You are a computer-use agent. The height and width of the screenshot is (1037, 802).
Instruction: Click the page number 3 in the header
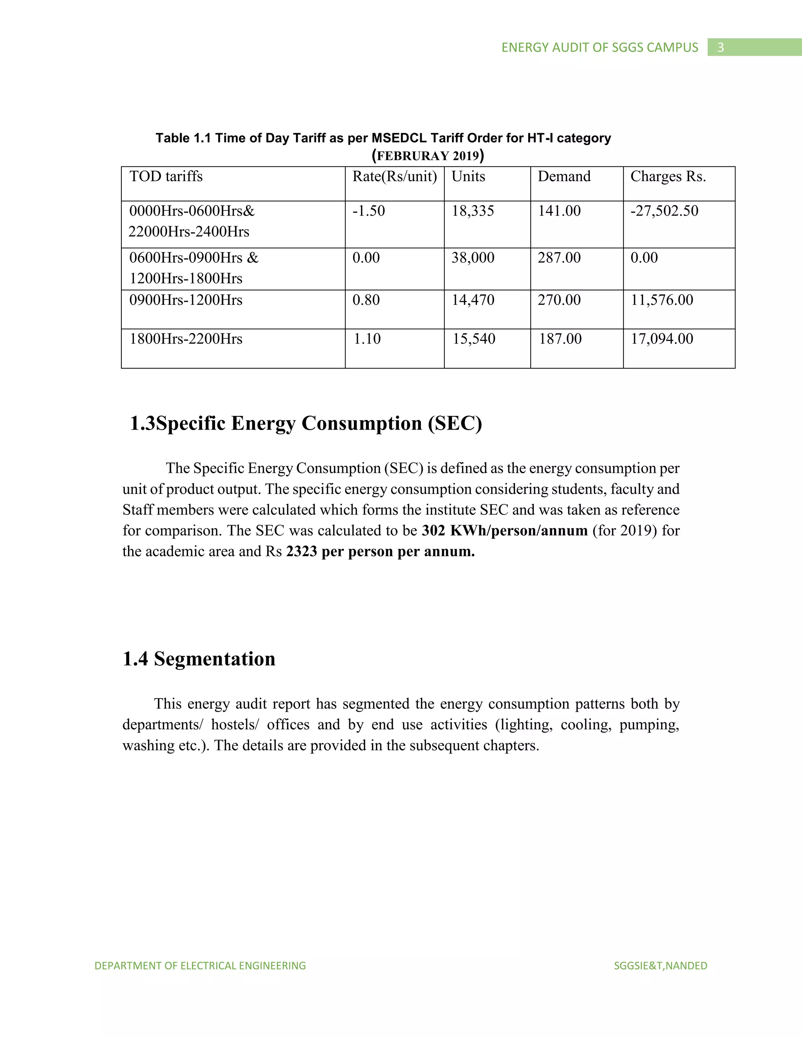click(720, 47)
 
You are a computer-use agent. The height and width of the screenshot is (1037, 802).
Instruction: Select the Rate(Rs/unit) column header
click(394, 176)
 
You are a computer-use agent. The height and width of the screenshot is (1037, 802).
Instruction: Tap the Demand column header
click(564, 176)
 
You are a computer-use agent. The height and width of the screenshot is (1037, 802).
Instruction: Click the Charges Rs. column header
click(668, 176)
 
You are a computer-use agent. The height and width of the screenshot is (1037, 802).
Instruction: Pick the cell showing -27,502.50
click(664, 211)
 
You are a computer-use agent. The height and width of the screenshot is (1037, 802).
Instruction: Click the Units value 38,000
click(473, 258)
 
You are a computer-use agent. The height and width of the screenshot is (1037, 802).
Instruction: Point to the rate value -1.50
click(368, 211)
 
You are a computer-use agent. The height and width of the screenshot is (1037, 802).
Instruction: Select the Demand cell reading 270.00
click(559, 300)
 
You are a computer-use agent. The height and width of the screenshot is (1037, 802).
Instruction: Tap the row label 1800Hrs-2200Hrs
click(186, 339)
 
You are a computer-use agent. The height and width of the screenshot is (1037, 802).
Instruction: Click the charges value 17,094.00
click(662, 339)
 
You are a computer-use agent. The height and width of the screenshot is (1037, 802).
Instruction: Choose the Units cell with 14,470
click(473, 300)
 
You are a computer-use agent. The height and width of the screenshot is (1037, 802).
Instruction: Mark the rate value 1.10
click(367, 339)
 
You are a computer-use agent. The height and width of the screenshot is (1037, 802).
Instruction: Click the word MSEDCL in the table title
click(399, 138)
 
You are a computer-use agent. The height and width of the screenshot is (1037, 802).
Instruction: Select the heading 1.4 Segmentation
click(199, 659)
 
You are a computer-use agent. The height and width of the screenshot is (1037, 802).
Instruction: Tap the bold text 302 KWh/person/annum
click(504, 530)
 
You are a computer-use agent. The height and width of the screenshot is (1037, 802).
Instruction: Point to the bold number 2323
click(301, 551)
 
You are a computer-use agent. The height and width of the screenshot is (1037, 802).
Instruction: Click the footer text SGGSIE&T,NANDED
click(660, 966)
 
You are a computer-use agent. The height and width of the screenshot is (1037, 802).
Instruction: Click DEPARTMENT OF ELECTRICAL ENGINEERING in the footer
click(200, 966)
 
